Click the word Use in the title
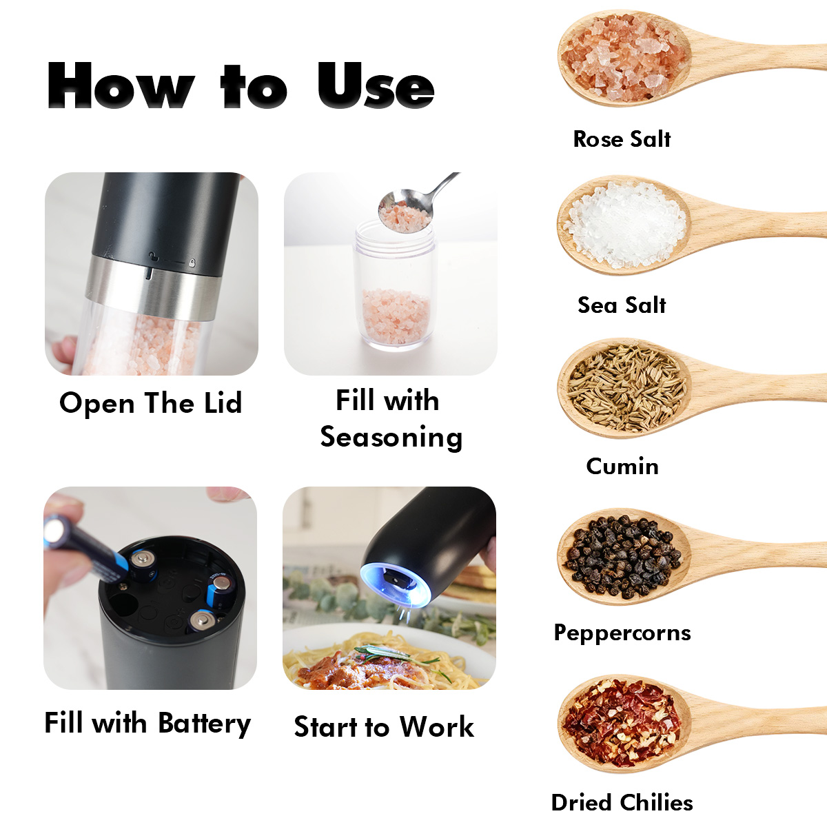pyautogui.click(x=376, y=85)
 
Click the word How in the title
pyautogui.click(x=121, y=85)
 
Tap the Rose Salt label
pyautogui.click(x=622, y=139)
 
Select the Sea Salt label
pyautogui.click(x=622, y=305)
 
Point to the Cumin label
pyautogui.click(x=622, y=466)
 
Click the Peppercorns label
pyautogui.click(x=622, y=633)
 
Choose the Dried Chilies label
pyautogui.click(x=622, y=803)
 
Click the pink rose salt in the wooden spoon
pyautogui.click(x=623, y=58)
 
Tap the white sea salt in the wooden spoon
pyautogui.click(x=625, y=225)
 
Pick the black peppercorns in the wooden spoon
pyautogui.click(x=623, y=557)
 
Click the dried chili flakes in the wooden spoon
pyautogui.click(x=622, y=723)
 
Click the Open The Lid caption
pyautogui.click(x=151, y=403)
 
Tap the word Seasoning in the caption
pyautogui.click(x=391, y=438)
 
